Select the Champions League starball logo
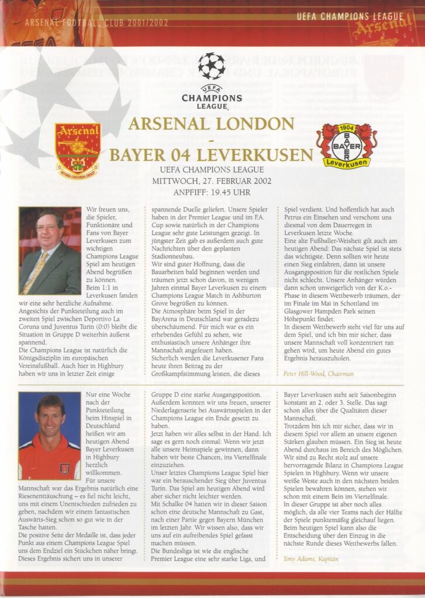pyautogui.click(x=212, y=66)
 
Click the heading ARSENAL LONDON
pyautogui.click(x=211, y=124)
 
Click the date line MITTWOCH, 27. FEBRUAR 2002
pyautogui.click(x=211, y=180)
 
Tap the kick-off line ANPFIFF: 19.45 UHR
pyautogui.click(x=211, y=191)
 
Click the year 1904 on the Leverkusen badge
pyautogui.click(x=347, y=128)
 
